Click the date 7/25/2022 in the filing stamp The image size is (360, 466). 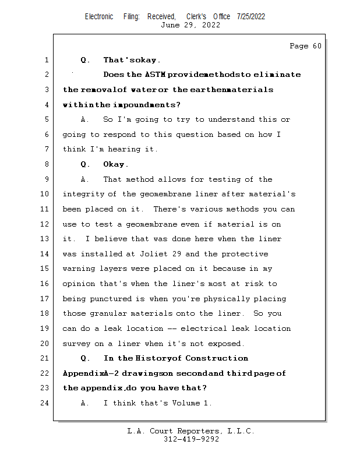(251, 16)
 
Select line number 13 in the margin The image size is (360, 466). (45, 239)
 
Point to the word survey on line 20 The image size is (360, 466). (76, 344)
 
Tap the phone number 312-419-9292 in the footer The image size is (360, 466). (191, 440)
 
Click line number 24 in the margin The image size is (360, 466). (45, 403)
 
